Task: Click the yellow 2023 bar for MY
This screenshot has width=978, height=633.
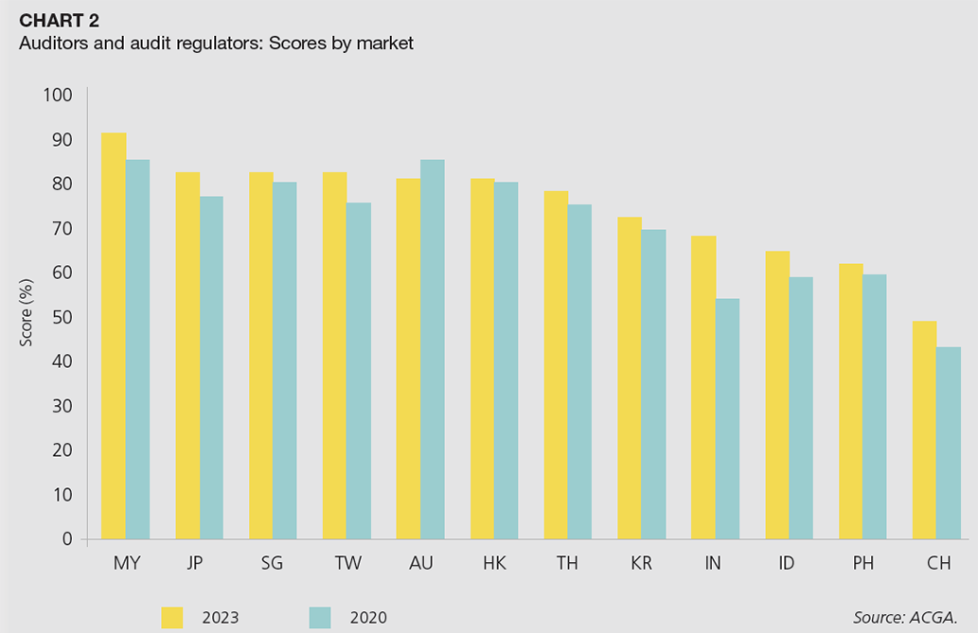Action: point(114,336)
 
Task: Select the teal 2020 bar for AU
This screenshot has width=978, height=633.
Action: point(432,349)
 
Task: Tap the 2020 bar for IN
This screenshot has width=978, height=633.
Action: point(726,419)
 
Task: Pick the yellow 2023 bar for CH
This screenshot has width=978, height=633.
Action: point(924,431)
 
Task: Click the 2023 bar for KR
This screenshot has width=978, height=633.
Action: point(630,378)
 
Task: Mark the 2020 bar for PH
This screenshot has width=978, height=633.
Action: point(874,407)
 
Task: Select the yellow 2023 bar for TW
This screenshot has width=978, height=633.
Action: point(334,356)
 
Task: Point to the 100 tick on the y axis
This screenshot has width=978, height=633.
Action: point(58,95)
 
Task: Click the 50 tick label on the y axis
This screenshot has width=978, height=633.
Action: point(62,317)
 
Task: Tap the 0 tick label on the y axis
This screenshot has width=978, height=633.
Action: point(67,539)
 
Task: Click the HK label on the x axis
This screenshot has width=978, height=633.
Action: point(494,564)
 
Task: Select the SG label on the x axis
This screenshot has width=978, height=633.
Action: point(273,564)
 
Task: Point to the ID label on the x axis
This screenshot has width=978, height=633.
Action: point(786,564)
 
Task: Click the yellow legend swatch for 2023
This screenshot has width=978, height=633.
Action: point(172,618)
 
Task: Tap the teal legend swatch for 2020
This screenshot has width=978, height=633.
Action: point(322,618)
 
